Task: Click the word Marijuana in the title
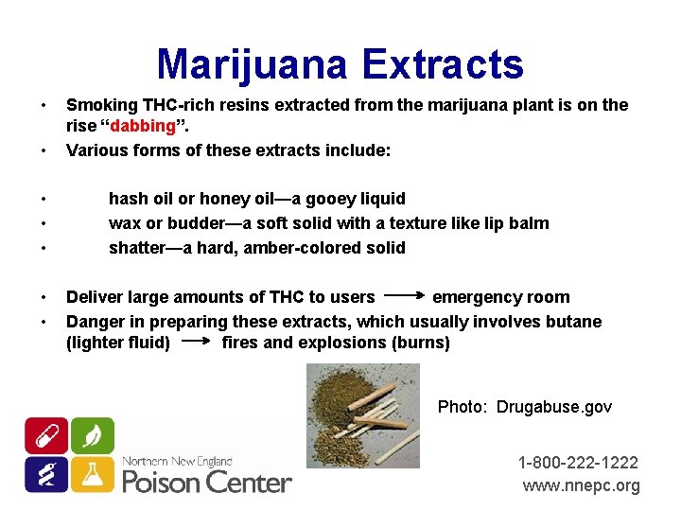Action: coord(253,64)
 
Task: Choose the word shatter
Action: coord(135,248)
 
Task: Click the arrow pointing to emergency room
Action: coord(404,297)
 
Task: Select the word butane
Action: coord(573,322)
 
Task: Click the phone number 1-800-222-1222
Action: coord(578,463)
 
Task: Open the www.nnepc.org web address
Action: coord(581,485)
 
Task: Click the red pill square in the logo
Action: coord(45,435)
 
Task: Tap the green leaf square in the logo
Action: coord(92,435)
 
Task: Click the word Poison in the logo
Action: coord(162,482)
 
